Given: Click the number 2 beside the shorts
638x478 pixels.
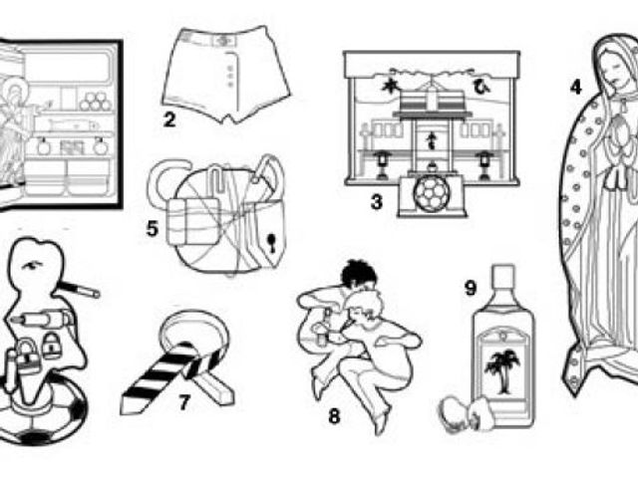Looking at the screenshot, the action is pyautogui.click(x=169, y=119).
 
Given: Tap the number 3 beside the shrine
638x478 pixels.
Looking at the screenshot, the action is pyautogui.click(x=377, y=201).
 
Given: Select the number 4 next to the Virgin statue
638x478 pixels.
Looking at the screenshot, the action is pyautogui.click(x=576, y=87).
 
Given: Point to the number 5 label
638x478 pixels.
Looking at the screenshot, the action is pyautogui.click(x=152, y=229).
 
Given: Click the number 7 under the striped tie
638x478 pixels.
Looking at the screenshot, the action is pyautogui.click(x=184, y=402).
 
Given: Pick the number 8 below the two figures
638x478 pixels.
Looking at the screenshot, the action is pyautogui.click(x=334, y=416).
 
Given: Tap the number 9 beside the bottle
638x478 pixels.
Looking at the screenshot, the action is pyautogui.click(x=470, y=288).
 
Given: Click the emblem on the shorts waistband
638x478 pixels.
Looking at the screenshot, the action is pyautogui.click(x=222, y=41).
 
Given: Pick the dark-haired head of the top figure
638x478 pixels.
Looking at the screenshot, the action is pyautogui.click(x=358, y=274).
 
